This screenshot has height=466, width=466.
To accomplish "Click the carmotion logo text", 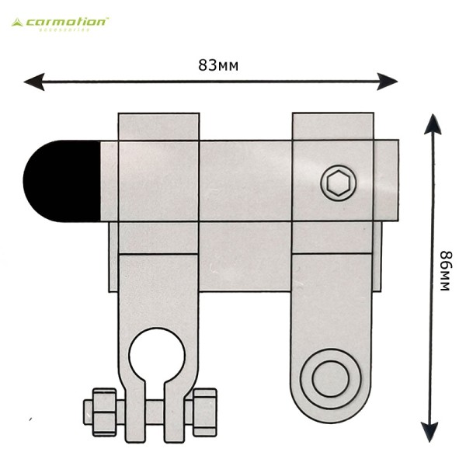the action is (67, 23).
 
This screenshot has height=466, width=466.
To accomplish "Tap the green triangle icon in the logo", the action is (17, 23).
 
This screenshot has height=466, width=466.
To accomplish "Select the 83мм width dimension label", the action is (218, 65).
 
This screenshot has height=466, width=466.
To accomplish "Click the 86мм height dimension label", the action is (446, 271).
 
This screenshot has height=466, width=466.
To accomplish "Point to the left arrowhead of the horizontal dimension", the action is (34, 82).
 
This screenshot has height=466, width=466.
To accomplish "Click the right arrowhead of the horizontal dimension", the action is (387, 82).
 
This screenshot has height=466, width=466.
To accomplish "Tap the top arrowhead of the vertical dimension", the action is (433, 124).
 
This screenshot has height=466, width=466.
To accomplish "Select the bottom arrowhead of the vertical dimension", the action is (429, 431).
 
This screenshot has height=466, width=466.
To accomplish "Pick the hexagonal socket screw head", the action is (338, 183).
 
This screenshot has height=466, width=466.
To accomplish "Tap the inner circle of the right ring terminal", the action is (331, 379).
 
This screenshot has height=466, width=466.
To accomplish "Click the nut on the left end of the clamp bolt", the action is (104, 412).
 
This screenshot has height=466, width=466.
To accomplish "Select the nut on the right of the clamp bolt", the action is (204, 412).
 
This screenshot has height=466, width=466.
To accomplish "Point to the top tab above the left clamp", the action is (158, 127).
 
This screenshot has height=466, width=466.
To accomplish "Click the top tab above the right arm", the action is (333, 126).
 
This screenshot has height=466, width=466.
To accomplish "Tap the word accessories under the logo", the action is (64, 30).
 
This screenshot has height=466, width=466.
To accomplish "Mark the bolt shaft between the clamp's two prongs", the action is (155, 412).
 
